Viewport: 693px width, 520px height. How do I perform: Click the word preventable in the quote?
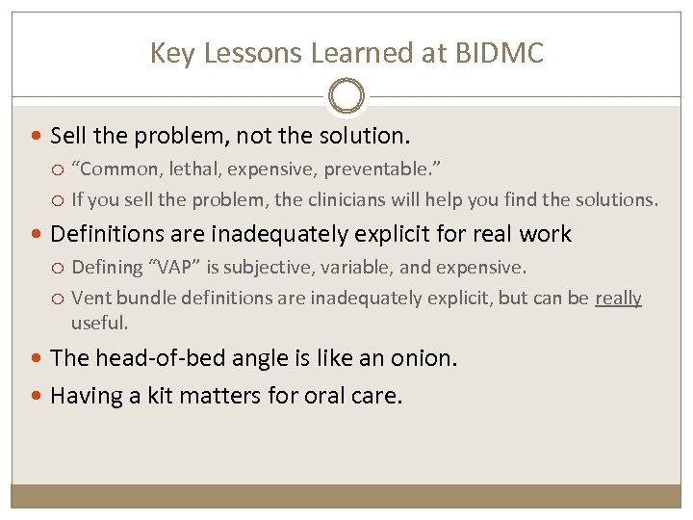(x=377, y=169)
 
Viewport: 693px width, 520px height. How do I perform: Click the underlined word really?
(x=618, y=298)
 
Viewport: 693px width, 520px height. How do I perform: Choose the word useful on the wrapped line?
(x=99, y=324)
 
